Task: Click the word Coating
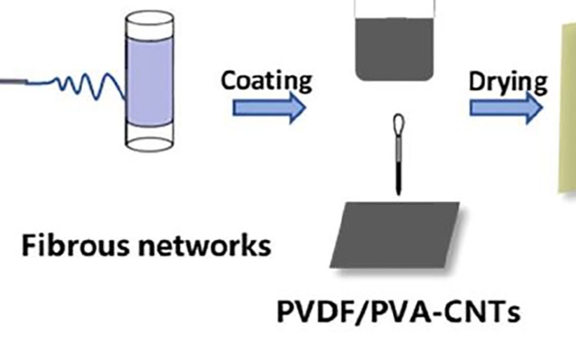[266, 81]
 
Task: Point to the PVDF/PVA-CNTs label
[398, 311]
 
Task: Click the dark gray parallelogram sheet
[395, 235]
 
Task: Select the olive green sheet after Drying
[567, 107]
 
